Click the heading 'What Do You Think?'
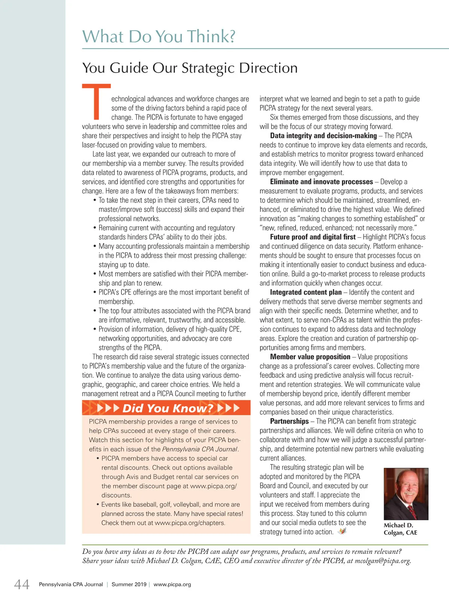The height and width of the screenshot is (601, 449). click(159, 36)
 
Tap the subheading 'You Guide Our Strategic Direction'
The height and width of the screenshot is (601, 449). click(190, 68)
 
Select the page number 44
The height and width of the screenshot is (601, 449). click(22, 584)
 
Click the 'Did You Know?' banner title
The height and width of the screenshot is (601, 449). click(168, 408)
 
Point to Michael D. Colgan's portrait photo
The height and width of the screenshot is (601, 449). click(406, 494)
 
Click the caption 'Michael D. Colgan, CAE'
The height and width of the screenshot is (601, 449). click(400, 529)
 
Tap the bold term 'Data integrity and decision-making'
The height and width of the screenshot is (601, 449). click(323, 136)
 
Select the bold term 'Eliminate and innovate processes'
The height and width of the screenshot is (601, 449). click(321, 182)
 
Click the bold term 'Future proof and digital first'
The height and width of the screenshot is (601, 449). click(313, 237)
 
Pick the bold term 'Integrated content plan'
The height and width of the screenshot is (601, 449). click(306, 292)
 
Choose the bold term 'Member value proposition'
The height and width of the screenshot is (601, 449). click(310, 357)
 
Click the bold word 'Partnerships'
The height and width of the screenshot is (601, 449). click(289, 421)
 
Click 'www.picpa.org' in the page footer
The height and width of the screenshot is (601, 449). click(172, 585)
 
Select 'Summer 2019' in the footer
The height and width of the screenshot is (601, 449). click(129, 585)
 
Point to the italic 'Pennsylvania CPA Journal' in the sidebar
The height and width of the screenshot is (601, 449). click(200, 449)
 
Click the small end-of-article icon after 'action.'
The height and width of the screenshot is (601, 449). click(342, 531)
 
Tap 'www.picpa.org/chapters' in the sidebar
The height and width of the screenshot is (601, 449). click(189, 523)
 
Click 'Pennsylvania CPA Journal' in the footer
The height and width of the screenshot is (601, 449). click(71, 585)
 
